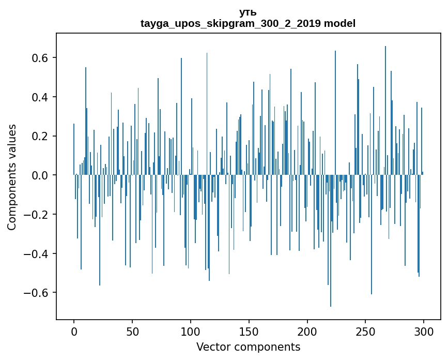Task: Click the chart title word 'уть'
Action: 248,12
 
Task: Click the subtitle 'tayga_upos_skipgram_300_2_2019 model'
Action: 248,23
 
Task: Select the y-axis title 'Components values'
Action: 12,177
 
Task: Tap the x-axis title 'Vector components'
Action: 248,347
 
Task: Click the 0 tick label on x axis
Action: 74,331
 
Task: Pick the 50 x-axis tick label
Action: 132,331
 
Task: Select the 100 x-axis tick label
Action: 191,331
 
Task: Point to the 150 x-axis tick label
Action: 249,331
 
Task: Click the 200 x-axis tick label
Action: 307,331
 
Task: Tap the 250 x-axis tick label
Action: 366,331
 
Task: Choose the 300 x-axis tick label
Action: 424,331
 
